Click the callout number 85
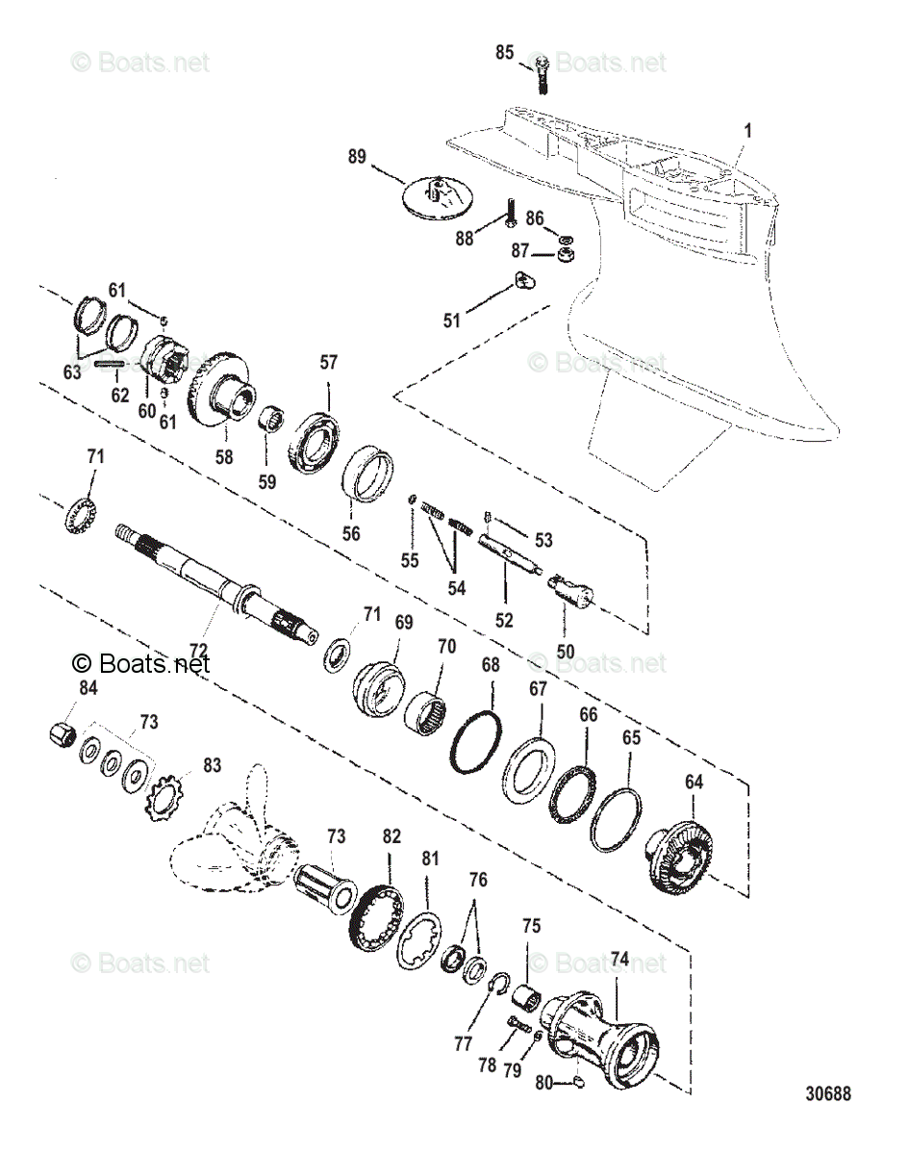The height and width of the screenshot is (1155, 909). click(x=505, y=53)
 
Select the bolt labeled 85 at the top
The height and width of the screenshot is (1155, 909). click(x=541, y=73)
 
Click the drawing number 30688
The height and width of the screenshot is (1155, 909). click(x=828, y=1094)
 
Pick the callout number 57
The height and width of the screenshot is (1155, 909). click(x=329, y=363)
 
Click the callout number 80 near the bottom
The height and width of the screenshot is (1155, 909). click(x=543, y=1082)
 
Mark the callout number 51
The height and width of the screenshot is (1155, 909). click(x=451, y=321)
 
